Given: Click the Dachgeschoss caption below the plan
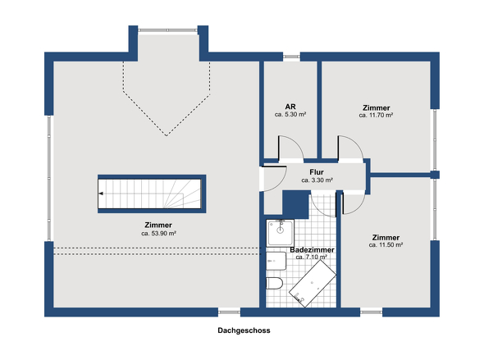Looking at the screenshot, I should tap(244, 331).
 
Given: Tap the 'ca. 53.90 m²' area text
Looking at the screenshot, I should tap(159, 232).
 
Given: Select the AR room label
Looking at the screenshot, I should tap(290, 107).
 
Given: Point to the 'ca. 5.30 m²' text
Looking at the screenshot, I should tap(290, 116).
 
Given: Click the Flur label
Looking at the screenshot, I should tap(316, 171).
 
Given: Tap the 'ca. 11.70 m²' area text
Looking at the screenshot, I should tap(376, 116).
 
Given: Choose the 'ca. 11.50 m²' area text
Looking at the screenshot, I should tap(385, 244).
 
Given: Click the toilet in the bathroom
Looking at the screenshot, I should tap(275, 284).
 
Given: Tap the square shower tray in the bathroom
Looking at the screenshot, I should tap(279, 232).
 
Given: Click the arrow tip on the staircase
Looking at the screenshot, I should tap(100, 193).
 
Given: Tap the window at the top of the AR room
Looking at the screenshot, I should tap(290, 57).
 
